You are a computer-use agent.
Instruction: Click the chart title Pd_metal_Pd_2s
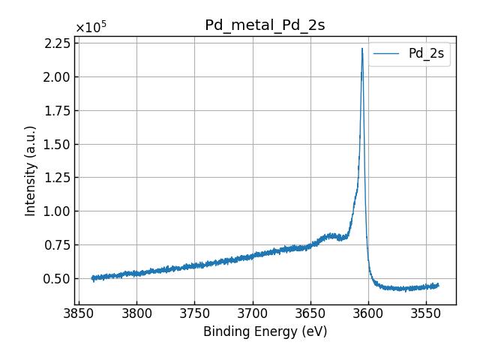[x=265, y=25]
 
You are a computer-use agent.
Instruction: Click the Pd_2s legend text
[x=425, y=53]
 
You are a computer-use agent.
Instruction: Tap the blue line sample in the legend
[x=387, y=53]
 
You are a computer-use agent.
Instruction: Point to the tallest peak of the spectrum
[x=362, y=49]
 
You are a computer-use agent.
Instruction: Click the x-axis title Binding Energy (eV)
[x=265, y=331]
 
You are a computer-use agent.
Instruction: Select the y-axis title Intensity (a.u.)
[x=31, y=170]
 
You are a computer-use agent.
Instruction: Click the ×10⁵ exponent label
[x=91, y=28]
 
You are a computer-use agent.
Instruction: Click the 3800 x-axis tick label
[x=136, y=312]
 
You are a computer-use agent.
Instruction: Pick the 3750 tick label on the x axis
[x=194, y=312]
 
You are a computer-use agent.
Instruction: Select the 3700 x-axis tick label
[x=252, y=312]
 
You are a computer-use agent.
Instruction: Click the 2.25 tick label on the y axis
[x=57, y=43]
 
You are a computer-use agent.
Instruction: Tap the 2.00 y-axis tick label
[x=57, y=76]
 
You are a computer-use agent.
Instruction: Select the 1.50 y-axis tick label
[x=57, y=144]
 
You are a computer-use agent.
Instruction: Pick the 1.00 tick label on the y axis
[x=57, y=211]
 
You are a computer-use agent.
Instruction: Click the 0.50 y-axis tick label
[x=57, y=278]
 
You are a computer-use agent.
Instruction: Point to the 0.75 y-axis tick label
[x=57, y=244]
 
